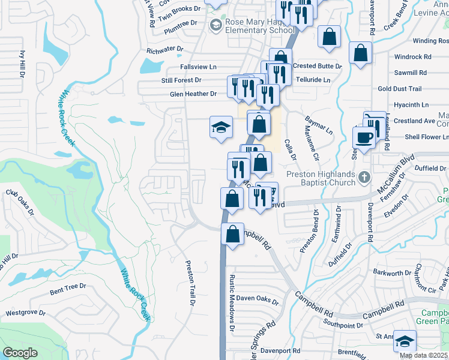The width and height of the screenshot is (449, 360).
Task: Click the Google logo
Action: (x=20, y=352)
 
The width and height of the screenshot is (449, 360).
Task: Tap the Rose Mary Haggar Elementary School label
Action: (x=260, y=26)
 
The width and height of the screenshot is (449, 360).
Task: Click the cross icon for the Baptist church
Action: (x=364, y=178)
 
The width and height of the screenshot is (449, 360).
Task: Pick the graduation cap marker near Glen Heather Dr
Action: (x=221, y=127)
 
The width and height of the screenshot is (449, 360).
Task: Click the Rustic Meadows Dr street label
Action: (x=231, y=311)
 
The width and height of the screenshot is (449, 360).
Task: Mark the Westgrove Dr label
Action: (x=25, y=313)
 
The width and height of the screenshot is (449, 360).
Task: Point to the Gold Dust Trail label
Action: (x=400, y=89)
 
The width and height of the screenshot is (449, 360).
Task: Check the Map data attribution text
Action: (x=424, y=355)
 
